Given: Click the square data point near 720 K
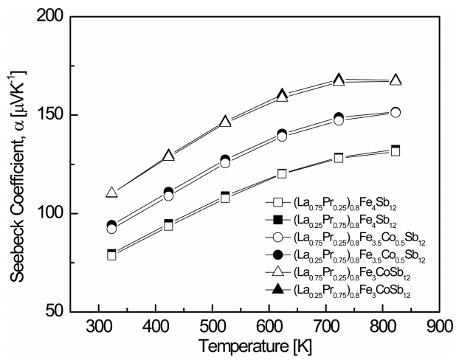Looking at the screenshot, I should [339, 158].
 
